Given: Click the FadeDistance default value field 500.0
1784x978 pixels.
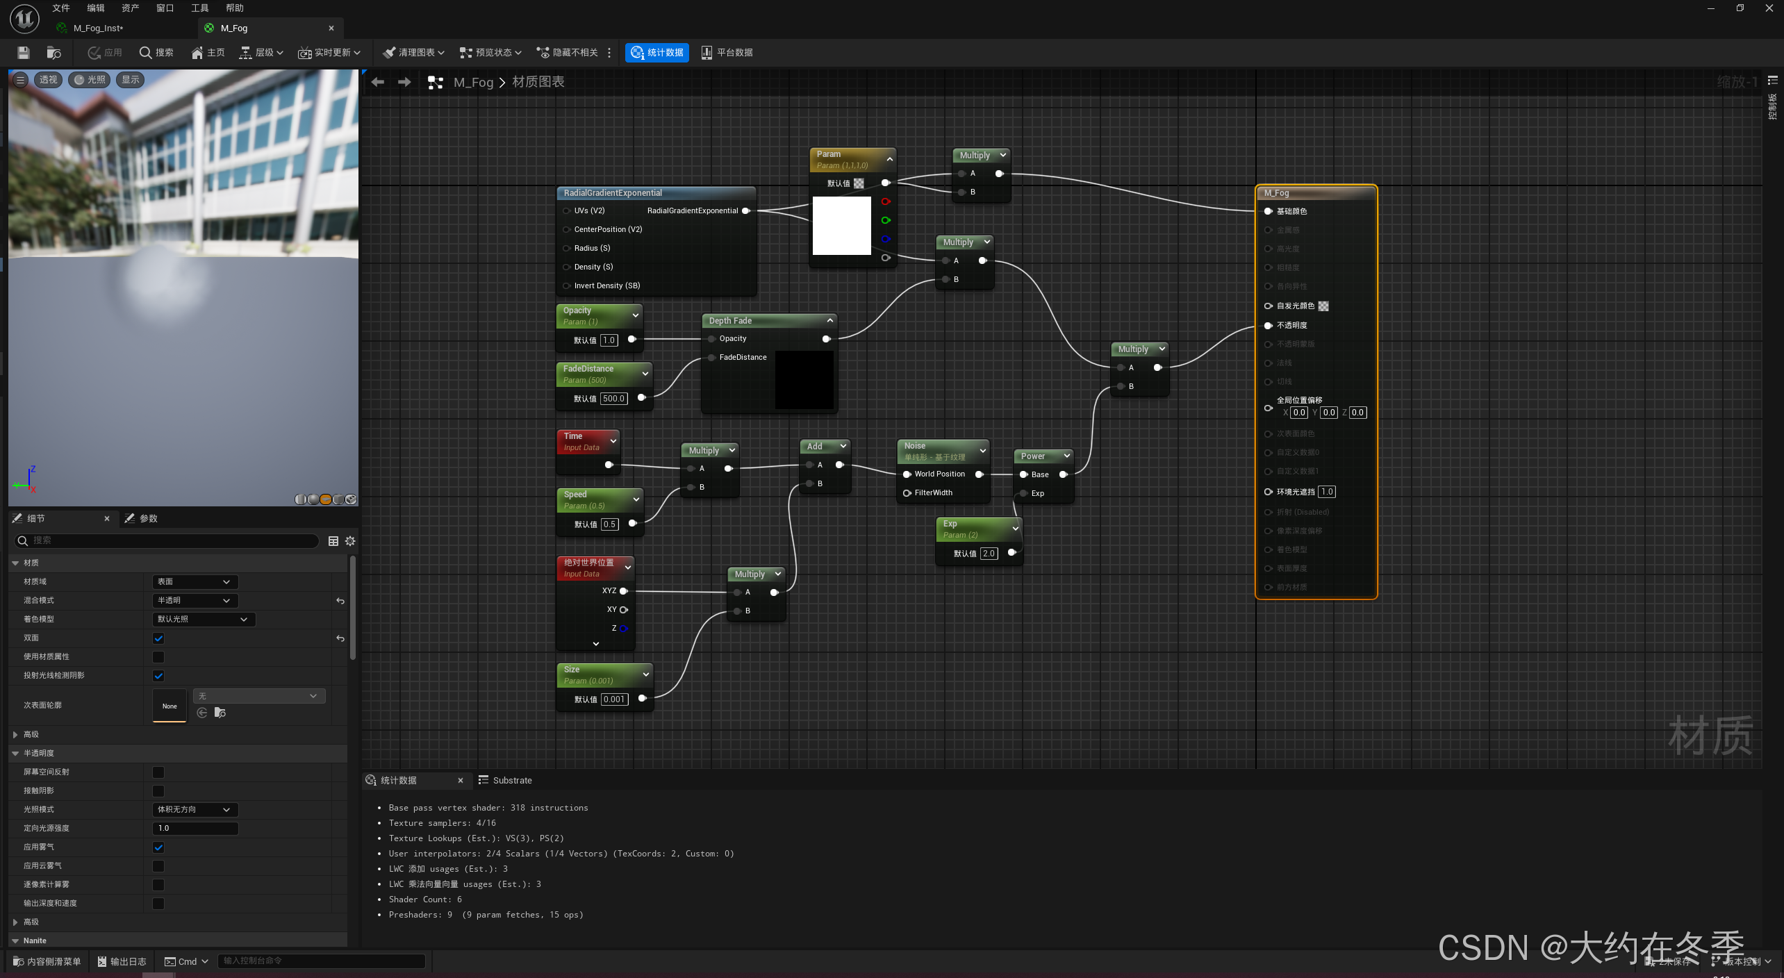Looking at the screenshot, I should click(613, 399).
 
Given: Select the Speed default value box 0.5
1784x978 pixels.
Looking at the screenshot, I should click(609, 524).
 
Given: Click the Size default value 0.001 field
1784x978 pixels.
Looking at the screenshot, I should click(614, 699).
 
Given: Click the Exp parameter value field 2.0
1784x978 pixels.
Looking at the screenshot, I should click(989, 554).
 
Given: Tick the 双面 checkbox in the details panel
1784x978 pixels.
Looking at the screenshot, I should click(158, 638).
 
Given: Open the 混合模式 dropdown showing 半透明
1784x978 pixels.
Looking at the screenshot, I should click(195, 600).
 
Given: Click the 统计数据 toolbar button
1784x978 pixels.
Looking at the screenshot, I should click(656, 53).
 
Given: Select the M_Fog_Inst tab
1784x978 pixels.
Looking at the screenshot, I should click(99, 28).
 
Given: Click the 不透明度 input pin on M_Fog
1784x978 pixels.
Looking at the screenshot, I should click(1268, 325).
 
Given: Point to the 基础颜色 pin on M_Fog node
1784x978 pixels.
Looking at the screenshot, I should click(1268, 211).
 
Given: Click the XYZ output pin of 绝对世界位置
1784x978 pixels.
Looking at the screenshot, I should click(623, 591).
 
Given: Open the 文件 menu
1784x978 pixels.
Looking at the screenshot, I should click(61, 8).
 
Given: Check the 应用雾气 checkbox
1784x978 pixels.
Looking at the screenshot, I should click(158, 847).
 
